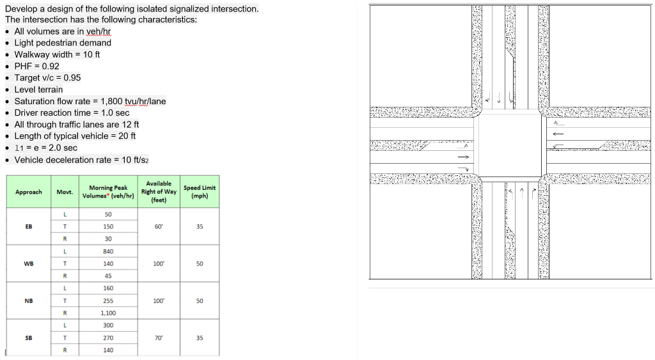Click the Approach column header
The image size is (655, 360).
point(29,192)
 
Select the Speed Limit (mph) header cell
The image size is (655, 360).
point(200,191)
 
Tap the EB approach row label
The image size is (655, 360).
point(29,226)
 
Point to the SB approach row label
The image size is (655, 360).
point(29,338)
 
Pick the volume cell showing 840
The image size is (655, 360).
point(108,251)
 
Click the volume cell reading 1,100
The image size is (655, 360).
point(108,313)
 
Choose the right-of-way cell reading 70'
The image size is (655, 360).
point(159,338)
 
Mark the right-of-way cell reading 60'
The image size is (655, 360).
point(159,226)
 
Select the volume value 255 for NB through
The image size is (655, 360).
point(108,301)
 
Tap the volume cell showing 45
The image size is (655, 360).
point(108,276)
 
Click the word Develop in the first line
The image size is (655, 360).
point(21,9)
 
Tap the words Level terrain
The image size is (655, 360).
point(38,90)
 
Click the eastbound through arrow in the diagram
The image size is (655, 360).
point(463,157)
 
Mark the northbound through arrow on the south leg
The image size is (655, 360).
point(523,191)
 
